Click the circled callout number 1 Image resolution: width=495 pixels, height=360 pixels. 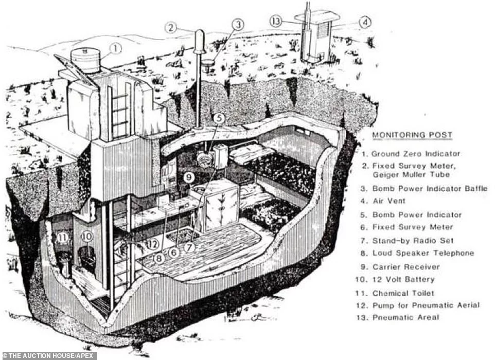116,49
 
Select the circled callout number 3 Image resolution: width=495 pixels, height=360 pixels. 237,24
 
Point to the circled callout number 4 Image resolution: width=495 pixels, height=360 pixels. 364,22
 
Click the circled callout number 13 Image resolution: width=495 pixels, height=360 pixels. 276,21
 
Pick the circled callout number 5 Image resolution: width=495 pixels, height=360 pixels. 219,118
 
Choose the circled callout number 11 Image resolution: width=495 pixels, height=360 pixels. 63,238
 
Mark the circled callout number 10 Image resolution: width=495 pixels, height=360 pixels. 86,237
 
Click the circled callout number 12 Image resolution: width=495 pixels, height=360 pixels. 151,244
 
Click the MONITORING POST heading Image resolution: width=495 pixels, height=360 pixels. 412,135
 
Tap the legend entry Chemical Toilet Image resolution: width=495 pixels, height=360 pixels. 403,293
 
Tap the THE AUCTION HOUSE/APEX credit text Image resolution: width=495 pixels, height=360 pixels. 49,355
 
